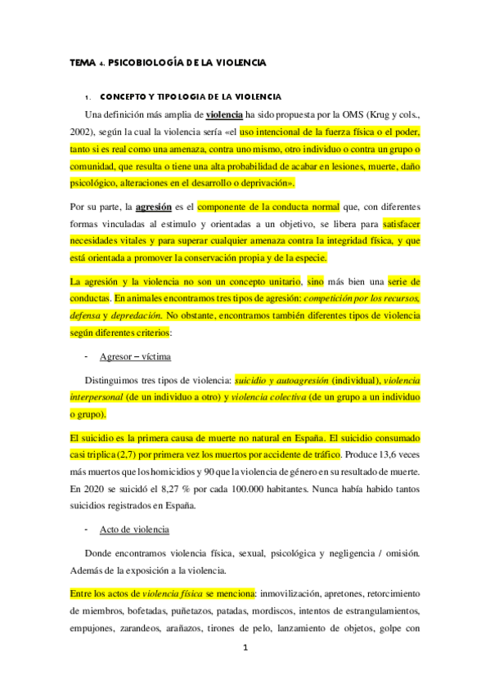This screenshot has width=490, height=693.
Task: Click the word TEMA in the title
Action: (x=82, y=62)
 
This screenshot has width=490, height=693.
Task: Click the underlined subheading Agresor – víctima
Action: (x=135, y=357)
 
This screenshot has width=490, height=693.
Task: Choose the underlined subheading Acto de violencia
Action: (x=133, y=530)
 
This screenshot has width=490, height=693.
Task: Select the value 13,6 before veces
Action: (x=392, y=454)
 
